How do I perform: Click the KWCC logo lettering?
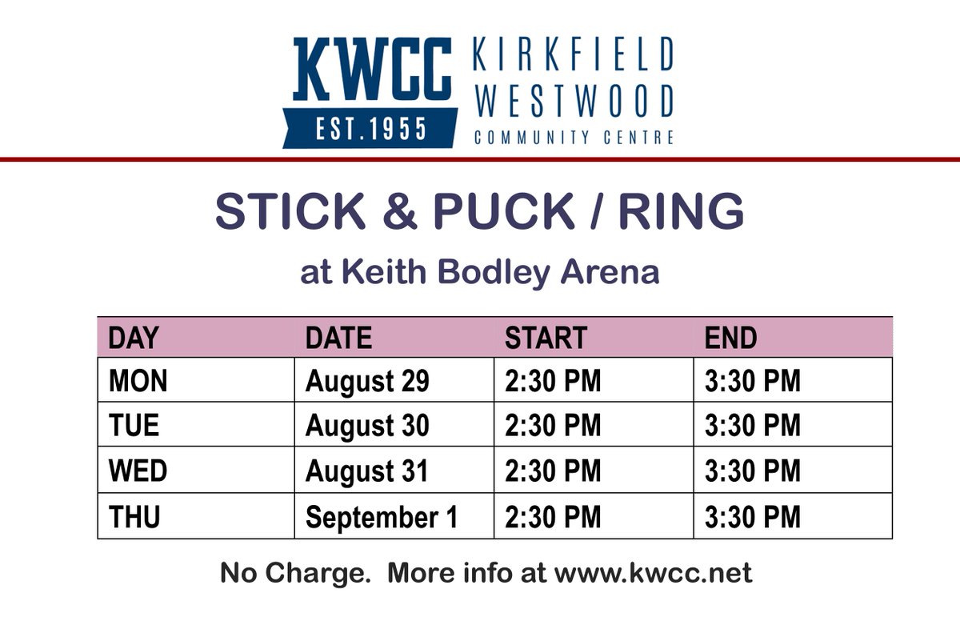coord(372,69)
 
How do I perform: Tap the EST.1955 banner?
coord(370,128)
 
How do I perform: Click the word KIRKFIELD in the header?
coord(573,54)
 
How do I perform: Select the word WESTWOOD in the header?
coord(573,101)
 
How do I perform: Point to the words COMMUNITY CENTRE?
coord(573,138)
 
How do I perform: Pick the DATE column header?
coord(338,339)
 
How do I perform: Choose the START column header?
coord(546,339)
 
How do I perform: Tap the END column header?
coord(730,339)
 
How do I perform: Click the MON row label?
coord(138,381)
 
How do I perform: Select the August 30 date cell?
coord(367,426)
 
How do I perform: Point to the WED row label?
coord(138,471)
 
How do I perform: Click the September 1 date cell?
coord(382,517)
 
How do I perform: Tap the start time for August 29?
coord(552,381)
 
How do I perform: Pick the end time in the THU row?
coord(752,517)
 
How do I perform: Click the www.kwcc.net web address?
coord(653,573)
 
